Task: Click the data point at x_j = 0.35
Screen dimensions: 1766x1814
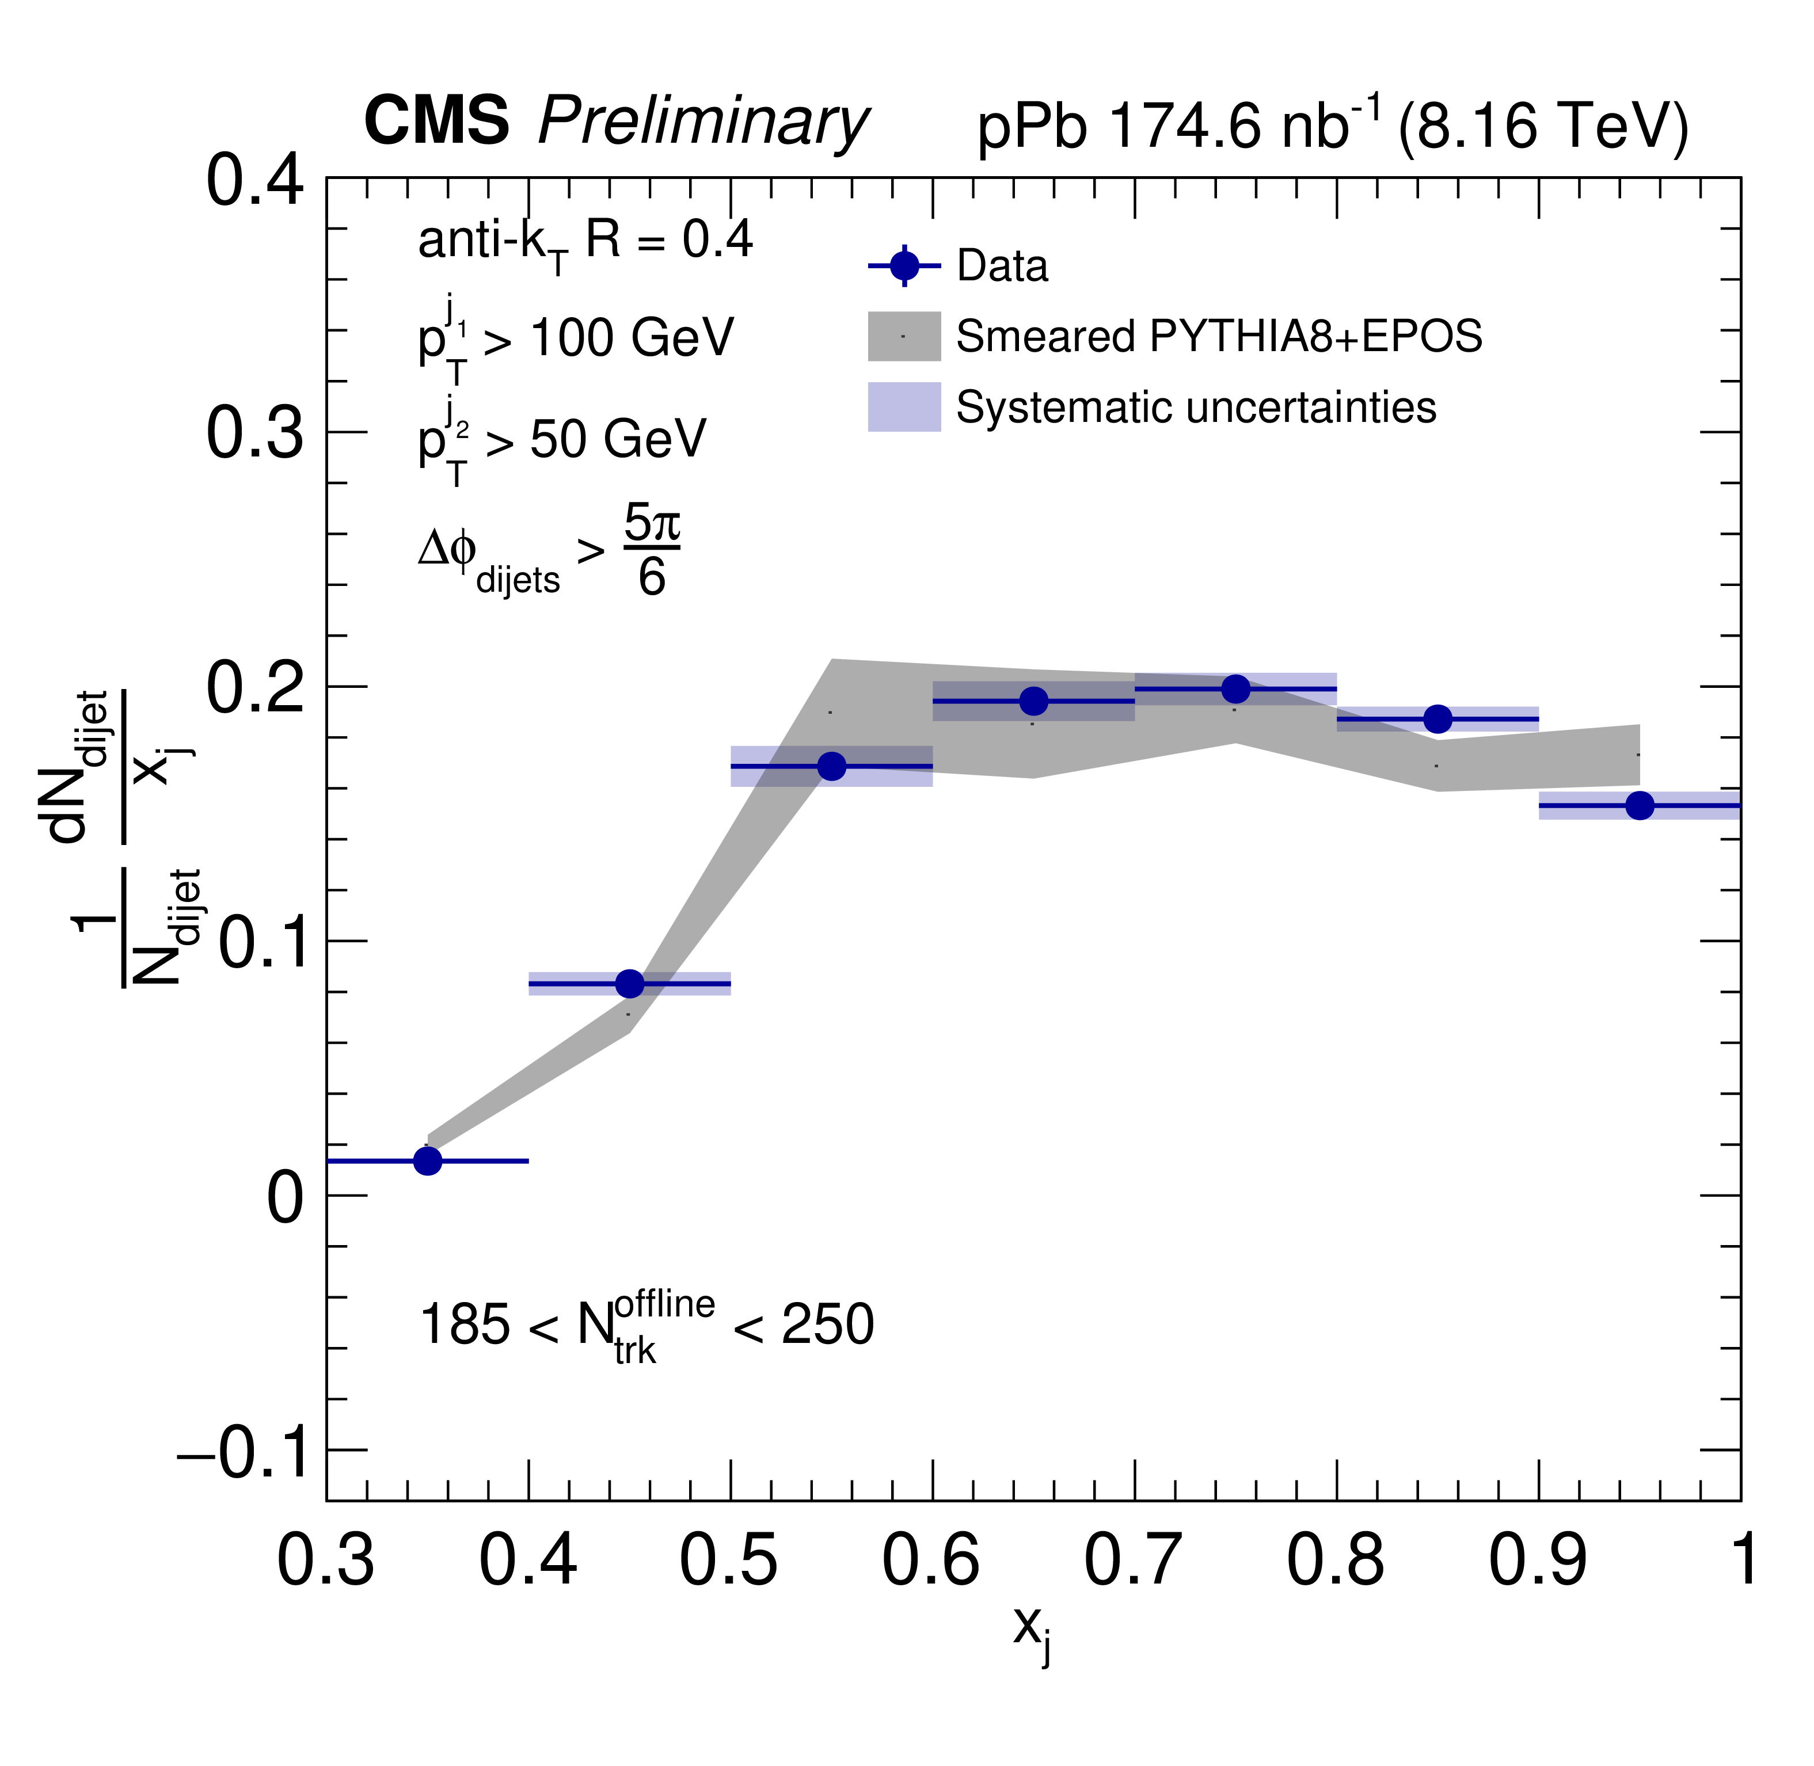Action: point(428,1160)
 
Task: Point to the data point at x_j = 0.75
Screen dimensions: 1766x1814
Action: point(1235,689)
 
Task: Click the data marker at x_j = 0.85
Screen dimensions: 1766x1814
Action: point(1437,719)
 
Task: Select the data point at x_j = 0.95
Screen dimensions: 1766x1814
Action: point(1640,805)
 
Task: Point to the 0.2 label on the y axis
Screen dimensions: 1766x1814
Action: point(254,688)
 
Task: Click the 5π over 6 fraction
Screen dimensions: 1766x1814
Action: point(651,551)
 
